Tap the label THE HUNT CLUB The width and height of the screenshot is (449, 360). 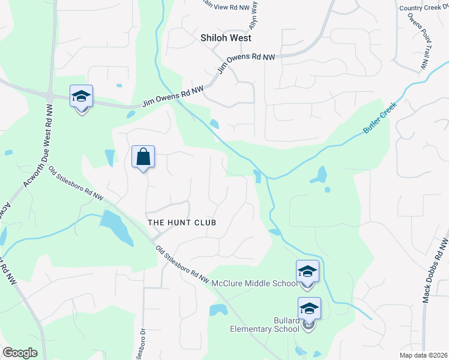pyautogui.click(x=181, y=223)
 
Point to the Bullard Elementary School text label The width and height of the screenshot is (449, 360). pyautogui.click(x=265, y=325)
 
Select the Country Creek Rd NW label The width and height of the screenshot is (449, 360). pyautogui.click(x=423, y=8)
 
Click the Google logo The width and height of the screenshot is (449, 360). pyautogui.click(x=20, y=352)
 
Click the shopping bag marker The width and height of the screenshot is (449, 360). pyautogui.click(x=143, y=158)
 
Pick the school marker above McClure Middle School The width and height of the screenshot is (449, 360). pyautogui.click(x=307, y=272)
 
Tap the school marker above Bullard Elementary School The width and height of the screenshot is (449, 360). pyautogui.click(x=309, y=309)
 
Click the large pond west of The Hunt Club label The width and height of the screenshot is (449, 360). pyautogui.click(x=116, y=227)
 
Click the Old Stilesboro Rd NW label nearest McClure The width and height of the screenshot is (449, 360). pyautogui.click(x=182, y=265)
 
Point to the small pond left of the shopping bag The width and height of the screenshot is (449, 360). pyautogui.click(x=109, y=158)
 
